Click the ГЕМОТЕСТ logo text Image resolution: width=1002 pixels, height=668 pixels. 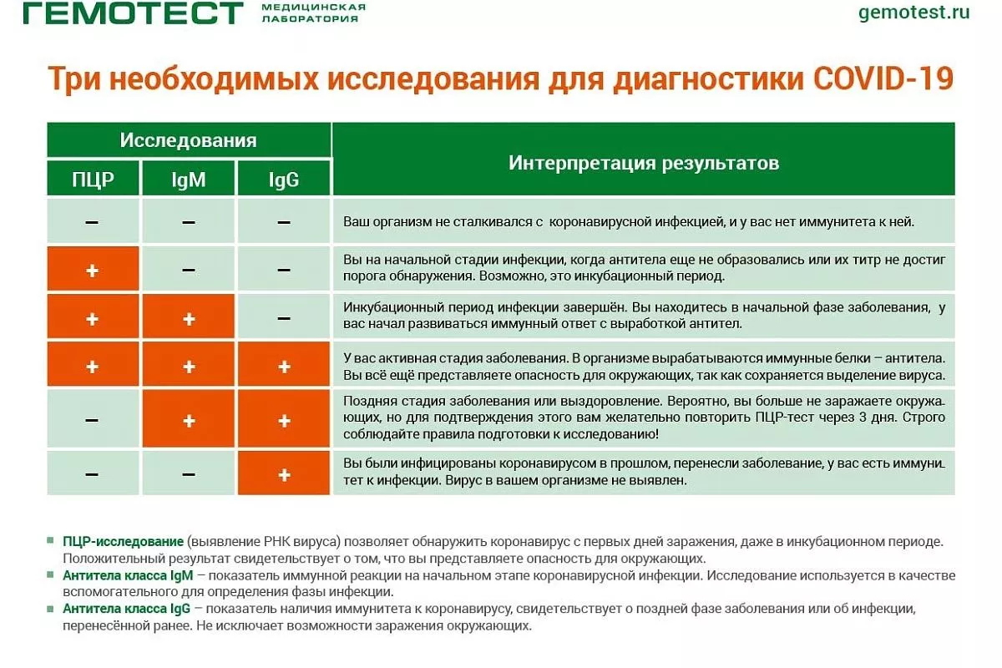pos(133,13)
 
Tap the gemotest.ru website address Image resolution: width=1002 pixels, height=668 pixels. pos(913,12)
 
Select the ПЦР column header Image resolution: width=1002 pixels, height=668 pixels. pos(93,180)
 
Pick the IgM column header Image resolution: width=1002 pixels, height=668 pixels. pos(189,180)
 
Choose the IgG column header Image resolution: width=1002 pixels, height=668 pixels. pos(284,180)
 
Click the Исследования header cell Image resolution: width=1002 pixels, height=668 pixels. pos(189,140)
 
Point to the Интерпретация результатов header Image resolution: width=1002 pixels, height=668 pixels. pos(644,163)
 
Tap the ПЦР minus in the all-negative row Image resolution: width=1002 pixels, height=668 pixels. pos(92,222)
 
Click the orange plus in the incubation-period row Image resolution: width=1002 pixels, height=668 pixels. pos(92,271)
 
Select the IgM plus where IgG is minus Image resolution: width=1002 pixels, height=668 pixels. pos(189,320)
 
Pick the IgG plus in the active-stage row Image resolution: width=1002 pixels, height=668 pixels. pos(284,367)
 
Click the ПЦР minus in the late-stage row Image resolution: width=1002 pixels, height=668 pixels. pos(92,420)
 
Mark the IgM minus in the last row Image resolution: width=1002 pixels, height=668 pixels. pos(189,474)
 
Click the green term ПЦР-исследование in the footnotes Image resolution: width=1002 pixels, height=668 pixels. pos(123,541)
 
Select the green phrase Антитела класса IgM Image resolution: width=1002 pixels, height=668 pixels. pos(128,575)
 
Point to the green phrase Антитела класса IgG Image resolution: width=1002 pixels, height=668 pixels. pos(127,609)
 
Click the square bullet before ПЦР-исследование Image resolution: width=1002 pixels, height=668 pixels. pos(51,540)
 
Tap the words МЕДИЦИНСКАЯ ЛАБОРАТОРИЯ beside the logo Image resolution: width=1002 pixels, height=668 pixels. pos(314,13)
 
